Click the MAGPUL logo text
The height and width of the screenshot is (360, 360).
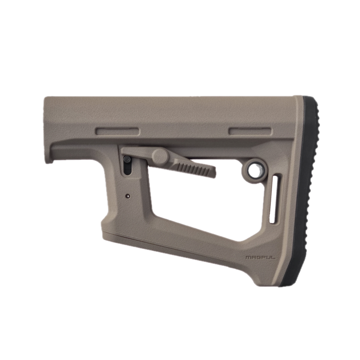(x=260, y=257)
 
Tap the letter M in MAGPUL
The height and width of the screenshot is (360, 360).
(x=248, y=257)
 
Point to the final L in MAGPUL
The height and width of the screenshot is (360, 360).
(x=273, y=257)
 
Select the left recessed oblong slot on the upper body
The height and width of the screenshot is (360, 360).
(x=118, y=132)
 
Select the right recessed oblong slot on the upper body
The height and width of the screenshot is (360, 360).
(x=250, y=132)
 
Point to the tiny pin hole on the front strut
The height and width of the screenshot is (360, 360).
(x=128, y=196)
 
